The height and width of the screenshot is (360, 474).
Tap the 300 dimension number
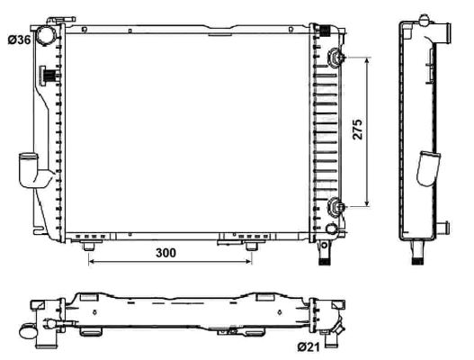pyautogui.click(x=165, y=253)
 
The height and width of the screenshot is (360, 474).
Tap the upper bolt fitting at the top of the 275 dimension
pyautogui.click(x=336, y=58)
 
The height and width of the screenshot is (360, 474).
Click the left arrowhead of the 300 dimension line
pyautogui.click(x=92, y=263)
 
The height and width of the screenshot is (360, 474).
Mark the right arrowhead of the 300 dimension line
pyautogui.click(x=250, y=263)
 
